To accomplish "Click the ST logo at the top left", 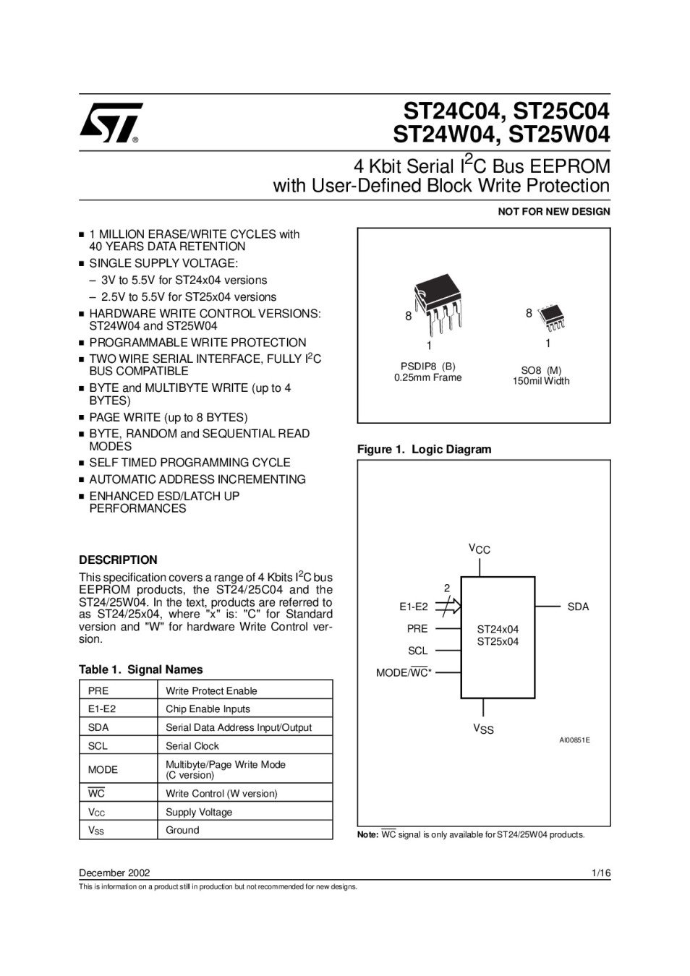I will [x=111, y=123].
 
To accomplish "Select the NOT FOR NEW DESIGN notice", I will [x=553, y=212].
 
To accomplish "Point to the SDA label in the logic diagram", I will [x=578, y=607].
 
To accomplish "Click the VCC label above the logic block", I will [x=480, y=549].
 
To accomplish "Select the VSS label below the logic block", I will [x=483, y=729].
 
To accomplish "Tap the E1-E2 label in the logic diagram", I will [x=413, y=607].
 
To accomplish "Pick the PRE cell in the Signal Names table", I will [x=98, y=690].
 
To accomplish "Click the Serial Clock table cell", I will [x=192, y=745].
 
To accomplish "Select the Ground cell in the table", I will [x=182, y=830].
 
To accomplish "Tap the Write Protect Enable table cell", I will [x=211, y=690].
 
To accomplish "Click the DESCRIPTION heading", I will [x=118, y=560].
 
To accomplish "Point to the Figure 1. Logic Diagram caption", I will [x=424, y=449].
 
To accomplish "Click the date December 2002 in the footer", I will [x=114, y=873].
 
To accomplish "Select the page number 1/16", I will [x=600, y=873].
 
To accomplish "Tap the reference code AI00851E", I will [x=574, y=740].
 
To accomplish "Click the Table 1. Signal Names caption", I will [x=140, y=669].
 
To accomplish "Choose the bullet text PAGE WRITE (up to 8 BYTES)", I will [x=168, y=417].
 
